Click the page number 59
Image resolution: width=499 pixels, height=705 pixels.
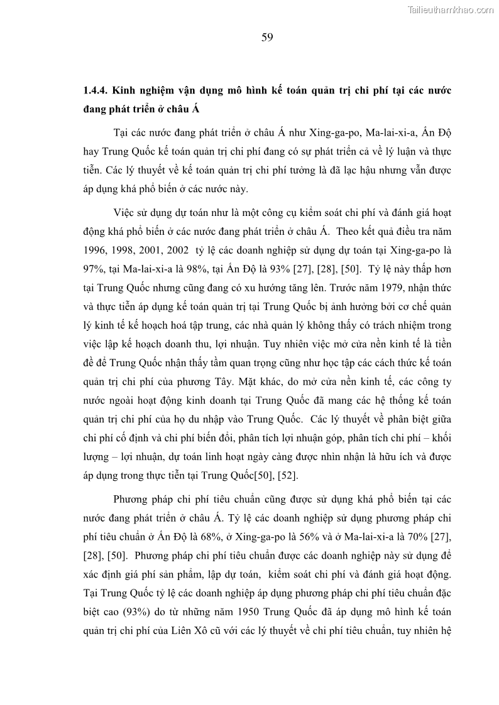(267, 37)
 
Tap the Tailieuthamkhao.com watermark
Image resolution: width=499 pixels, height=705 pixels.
(451, 9)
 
